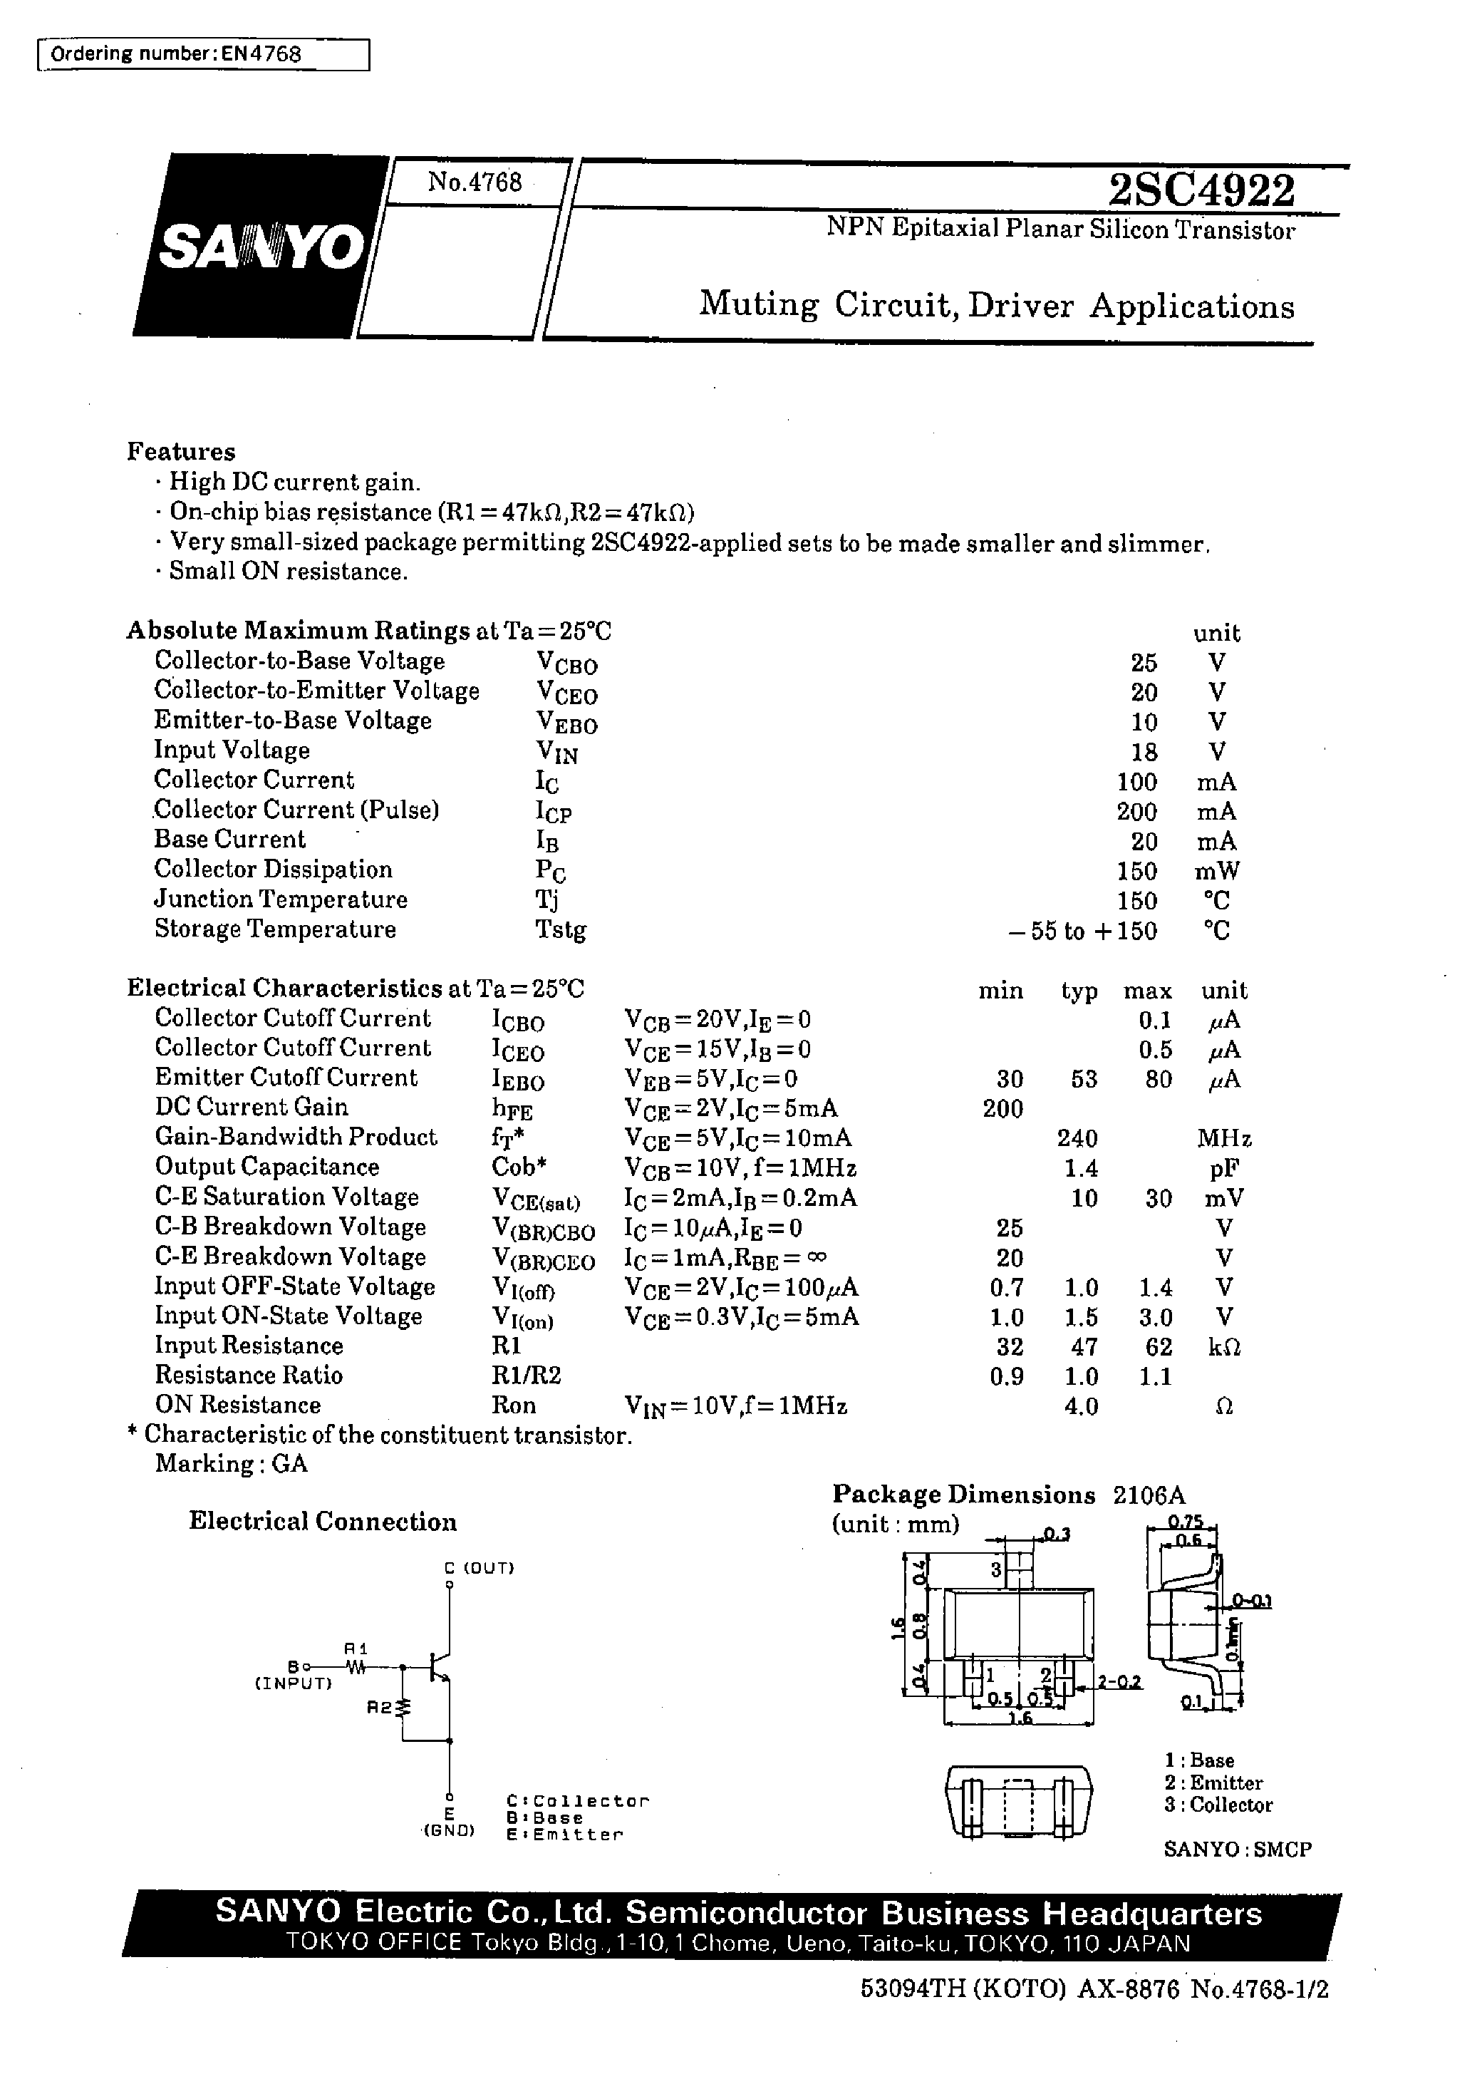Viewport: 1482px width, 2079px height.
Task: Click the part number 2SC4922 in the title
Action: coord(1201,191)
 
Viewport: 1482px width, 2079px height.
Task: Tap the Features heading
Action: coord(181,452)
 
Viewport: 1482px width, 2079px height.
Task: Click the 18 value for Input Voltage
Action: coord(1144,752)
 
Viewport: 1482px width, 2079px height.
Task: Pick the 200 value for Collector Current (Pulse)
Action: coord(1136,811)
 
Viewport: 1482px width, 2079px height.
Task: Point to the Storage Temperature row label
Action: coord(275,929)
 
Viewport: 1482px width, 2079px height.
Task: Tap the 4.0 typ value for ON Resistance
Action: coord(1080,1406)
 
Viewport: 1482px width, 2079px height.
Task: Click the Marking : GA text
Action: coord(231,1464)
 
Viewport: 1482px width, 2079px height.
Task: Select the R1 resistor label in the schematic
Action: coord(356,1649)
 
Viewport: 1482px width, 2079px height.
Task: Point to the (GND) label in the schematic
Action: coord(449,1831)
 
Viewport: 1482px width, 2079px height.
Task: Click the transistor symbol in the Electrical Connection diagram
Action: coord(441,1666)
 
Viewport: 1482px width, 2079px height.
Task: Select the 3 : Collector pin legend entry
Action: coord(1218,1805)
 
